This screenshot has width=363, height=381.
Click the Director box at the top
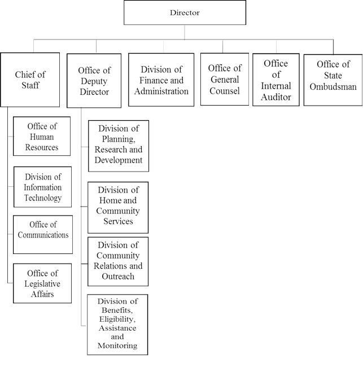pos(185,12)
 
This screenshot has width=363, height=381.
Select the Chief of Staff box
pos(30,80)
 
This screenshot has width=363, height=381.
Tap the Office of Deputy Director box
pos(94,81)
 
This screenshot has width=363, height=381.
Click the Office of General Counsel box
pos(224,79)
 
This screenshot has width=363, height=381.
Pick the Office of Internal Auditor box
pos(275,80)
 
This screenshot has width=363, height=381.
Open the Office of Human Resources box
pos(42,136)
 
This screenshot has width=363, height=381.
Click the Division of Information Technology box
pos(42,187)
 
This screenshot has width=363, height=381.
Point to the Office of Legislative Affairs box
pos(42,283)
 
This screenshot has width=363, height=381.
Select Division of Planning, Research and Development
pos(119,145)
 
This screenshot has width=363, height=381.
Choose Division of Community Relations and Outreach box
pos(118,261)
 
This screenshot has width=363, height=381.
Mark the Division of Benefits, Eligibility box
pos(117,324)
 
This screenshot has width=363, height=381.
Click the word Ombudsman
pos(333,87)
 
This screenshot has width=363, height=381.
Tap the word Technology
pos(42,198)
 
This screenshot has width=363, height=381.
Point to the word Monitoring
pos(117,345)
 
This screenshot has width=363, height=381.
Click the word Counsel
pos(224,90)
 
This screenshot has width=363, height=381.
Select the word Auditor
pos(275,97)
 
